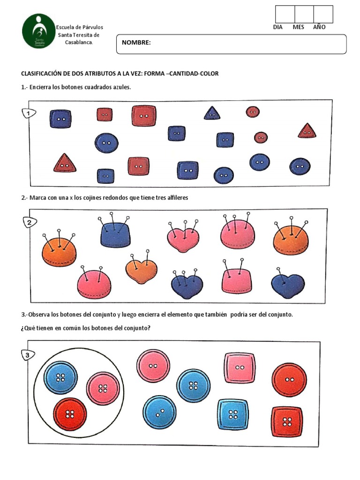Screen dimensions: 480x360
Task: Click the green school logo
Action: coord(38,31)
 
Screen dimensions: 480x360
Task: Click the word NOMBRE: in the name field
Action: coord(136,43)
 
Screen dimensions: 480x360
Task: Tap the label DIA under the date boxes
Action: coord(278,27)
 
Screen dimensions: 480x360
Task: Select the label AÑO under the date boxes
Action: coord(319,27)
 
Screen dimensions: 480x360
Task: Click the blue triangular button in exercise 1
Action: coord(212,113)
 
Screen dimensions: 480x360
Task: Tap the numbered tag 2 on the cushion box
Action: coord(30,223)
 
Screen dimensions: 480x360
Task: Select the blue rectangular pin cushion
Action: coord(115,234)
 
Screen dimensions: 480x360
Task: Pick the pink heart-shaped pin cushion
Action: coord(183,238)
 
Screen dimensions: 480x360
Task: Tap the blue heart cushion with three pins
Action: coord(187,286)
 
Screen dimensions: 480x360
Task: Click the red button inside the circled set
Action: coord(70,414)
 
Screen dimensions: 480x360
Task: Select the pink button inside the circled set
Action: coord(103,388)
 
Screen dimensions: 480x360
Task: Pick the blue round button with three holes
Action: coord(159,412)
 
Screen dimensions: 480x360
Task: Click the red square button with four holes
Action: coord(287,421)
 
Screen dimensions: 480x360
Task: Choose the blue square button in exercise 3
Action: coord(233,414)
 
